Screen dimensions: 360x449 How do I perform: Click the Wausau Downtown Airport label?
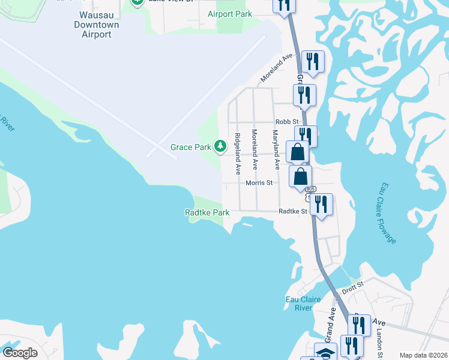(x=96, y=25)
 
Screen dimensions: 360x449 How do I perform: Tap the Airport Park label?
(x=230, y=14)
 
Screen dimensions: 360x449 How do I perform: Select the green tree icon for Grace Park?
(x=220, y=146)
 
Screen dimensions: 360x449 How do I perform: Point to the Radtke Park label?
(x=207, y=212)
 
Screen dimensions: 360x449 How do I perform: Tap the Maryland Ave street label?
(x=276, y=148)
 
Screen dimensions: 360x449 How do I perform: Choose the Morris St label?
(x=259, y=182)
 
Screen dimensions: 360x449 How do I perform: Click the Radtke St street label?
(x=294, y=211)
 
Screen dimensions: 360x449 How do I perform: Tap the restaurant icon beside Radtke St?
(x=321, y=205)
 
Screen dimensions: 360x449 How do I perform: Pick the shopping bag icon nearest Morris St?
(x=301, y=177)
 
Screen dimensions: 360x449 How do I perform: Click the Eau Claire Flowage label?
(x=388, y=213)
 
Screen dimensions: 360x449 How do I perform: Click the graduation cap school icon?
(x=326, y=354)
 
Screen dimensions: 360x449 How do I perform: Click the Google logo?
(x=20, y=353)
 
